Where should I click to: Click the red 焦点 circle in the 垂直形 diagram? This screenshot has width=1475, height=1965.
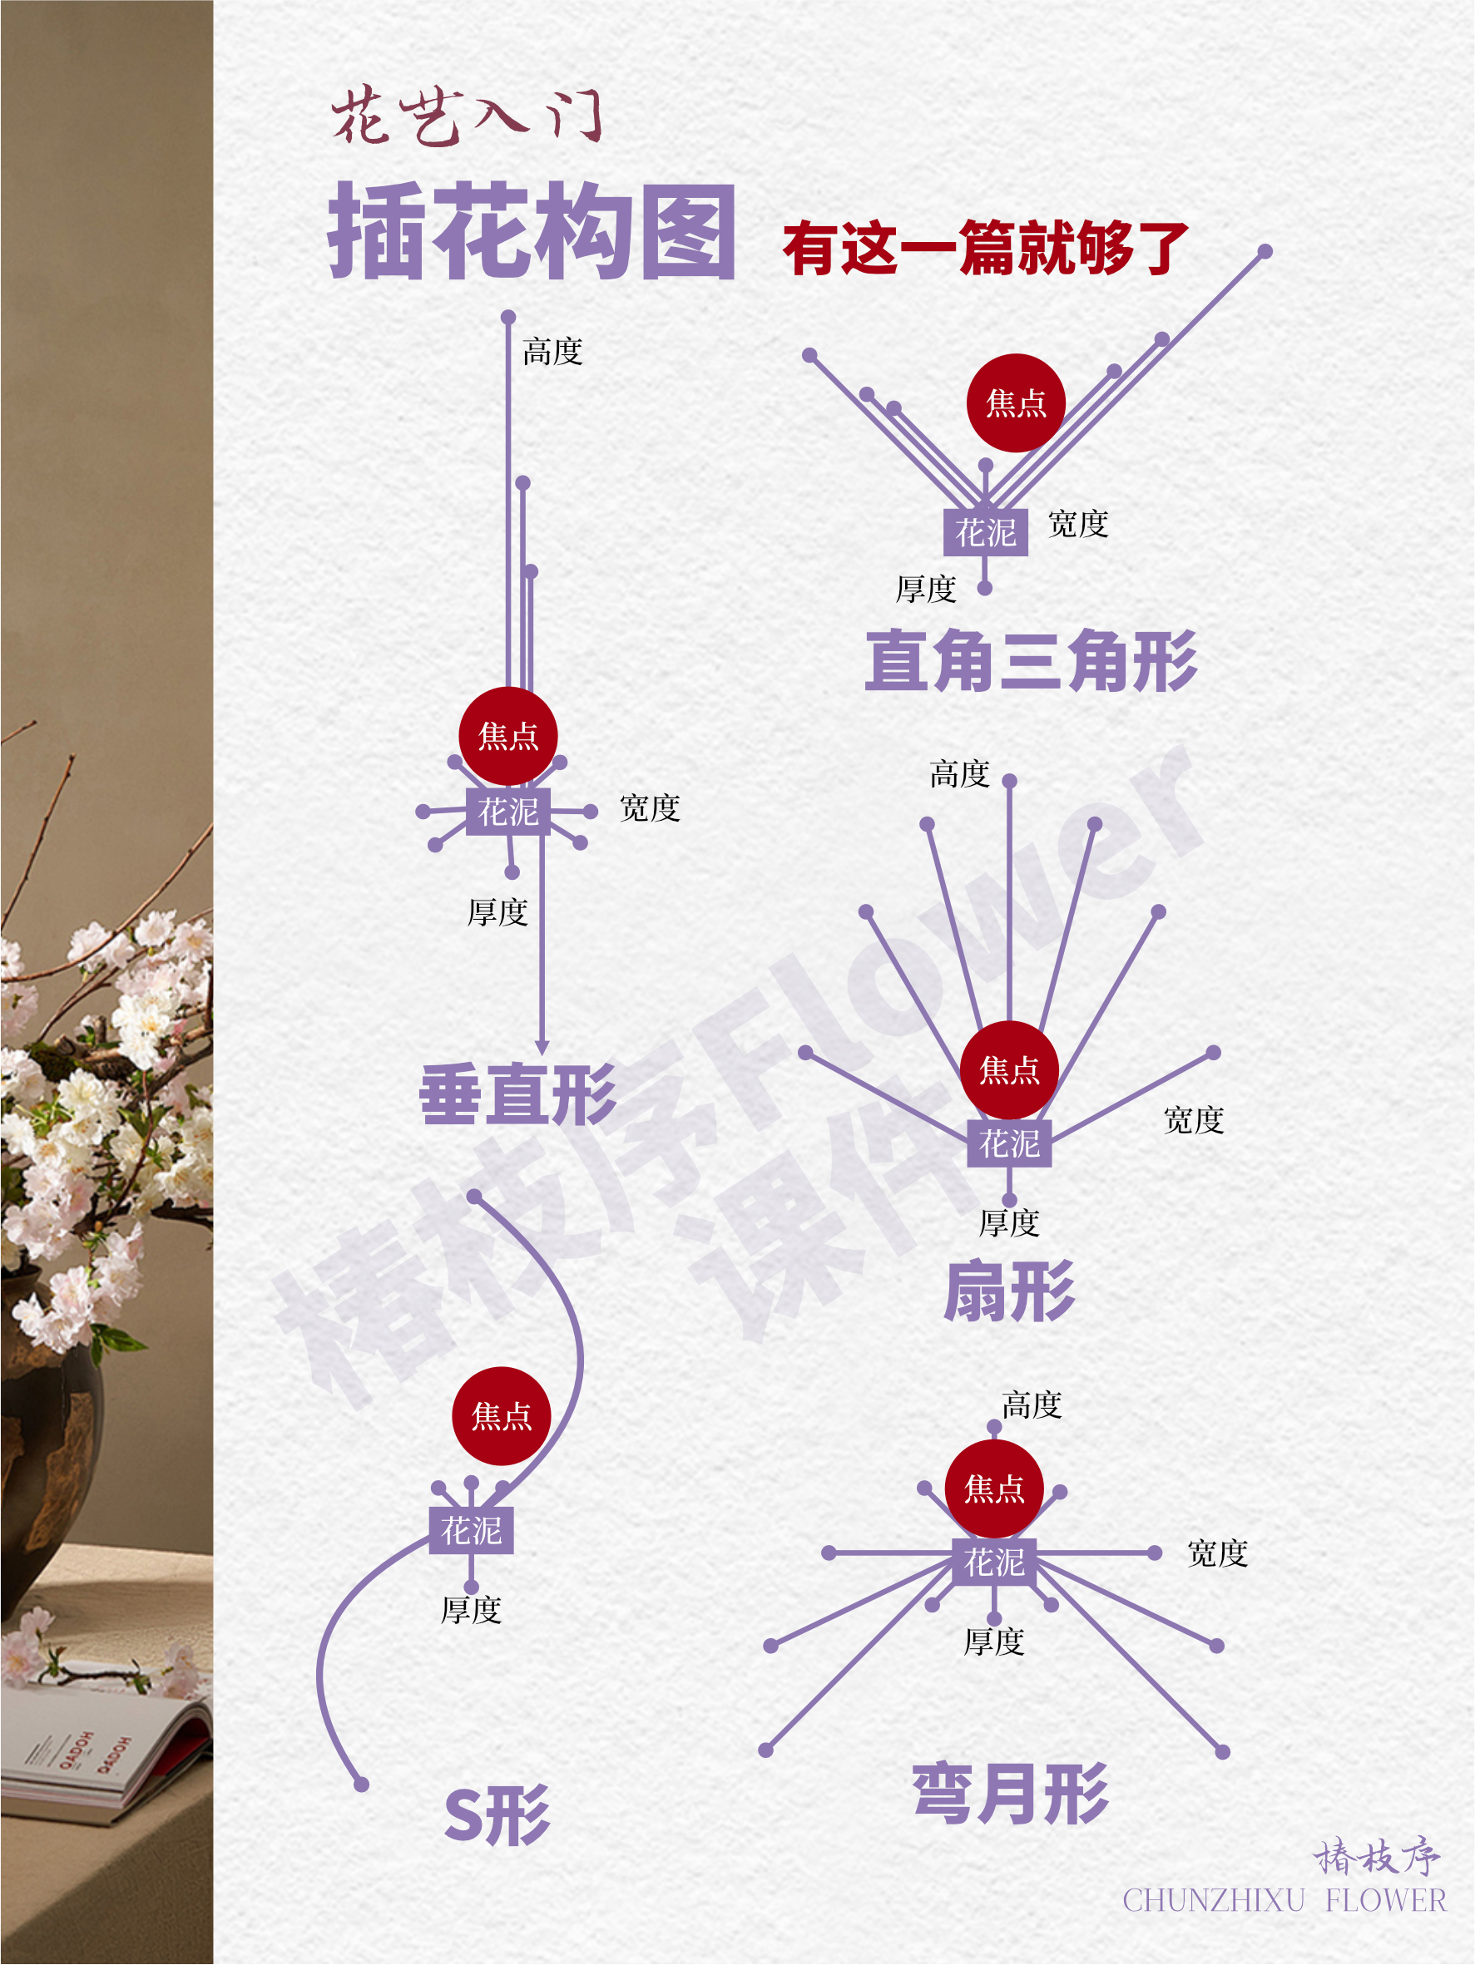tap(508, 736)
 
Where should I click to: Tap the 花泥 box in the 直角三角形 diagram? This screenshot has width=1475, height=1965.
tap(985, 532)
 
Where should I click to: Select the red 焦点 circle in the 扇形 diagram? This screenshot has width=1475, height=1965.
tap(1009, 1069)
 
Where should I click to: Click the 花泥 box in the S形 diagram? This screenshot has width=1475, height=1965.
tap(471, 1530)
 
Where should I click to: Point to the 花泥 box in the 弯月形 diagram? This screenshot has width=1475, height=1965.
tap(994, 1561)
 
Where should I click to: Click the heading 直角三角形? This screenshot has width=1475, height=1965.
tap(1032, 660)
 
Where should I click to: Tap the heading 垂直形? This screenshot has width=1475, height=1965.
tap(518, 1094)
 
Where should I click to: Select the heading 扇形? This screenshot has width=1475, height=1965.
tap(1009, 1291)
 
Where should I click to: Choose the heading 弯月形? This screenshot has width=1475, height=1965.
tap(1011, 1794)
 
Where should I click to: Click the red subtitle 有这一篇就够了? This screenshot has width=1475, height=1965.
tap(987, 248)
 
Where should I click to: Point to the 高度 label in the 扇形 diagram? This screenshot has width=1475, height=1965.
tap(960, 773)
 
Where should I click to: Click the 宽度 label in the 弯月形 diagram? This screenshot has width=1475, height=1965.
tap(1217, 1553)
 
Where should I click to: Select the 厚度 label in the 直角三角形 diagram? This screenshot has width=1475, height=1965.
tap(926, 588)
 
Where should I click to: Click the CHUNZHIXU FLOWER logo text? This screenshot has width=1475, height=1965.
tap(1284, 1900)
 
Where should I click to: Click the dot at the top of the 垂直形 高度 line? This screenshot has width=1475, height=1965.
tap(508, 317)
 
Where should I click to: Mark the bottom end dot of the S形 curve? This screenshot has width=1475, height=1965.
tap(362, 1785)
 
